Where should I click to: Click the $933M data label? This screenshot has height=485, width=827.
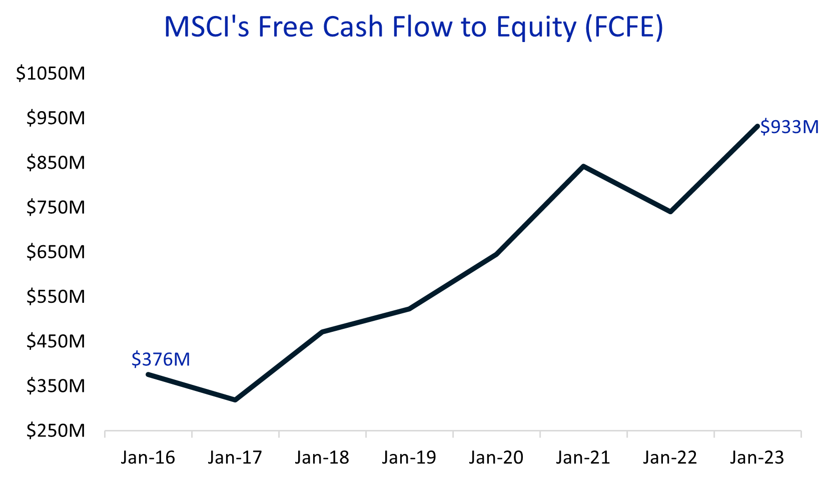(789, 127)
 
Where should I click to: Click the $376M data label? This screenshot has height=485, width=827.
(161, 359)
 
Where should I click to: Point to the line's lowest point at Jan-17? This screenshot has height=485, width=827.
(235, 400)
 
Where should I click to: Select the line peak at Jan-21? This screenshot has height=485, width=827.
(583, 166)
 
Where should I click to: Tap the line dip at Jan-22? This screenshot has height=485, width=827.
(670, 212)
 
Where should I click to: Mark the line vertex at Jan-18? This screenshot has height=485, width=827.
(323, 332)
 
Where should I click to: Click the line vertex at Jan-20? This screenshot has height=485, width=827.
(496, 254)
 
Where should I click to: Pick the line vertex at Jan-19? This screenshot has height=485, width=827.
(409, 309)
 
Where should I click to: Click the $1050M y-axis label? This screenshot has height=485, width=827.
(51, 74)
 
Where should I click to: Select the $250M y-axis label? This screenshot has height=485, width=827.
(56, 430)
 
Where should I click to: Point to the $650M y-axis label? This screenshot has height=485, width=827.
(56, 252)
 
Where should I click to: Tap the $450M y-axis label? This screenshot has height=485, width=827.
(56, 341)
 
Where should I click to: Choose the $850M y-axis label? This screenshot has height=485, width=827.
(56, 163)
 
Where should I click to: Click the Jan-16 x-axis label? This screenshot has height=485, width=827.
(148, 457)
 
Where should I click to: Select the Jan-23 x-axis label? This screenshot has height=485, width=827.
(757, 457)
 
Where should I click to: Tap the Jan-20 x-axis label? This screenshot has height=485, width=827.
(496, 457)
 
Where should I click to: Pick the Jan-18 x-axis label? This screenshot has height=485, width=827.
(322, 457)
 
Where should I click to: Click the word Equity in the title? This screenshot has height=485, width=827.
(536, 28)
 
